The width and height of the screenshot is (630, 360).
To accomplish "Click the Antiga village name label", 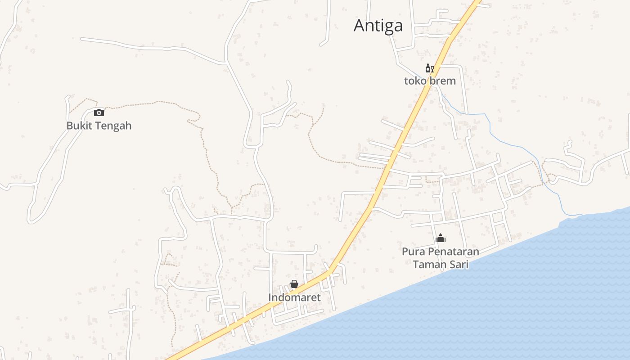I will pyautogui.click(x=378, y=26).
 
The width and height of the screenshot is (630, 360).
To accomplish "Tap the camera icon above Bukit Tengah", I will pyautogui.click(x=99, y=112).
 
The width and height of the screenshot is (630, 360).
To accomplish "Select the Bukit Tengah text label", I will pyautogui.click(x=99, y=126).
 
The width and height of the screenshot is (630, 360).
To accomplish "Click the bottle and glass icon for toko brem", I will pyautogui.click(x=430, y=68).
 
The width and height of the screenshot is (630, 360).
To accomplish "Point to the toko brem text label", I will pyautogui.click(x=430, y=81).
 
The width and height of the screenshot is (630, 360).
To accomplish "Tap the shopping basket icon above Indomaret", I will pyautogui.click(x=294, y=284).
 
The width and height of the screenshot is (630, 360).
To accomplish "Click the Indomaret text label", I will pyautogui.click(x=294, y=297).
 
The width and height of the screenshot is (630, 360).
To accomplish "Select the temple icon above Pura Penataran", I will pyautogui.click(x=441, y=238).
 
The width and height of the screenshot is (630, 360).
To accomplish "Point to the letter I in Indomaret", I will pyautogui.click(x=270, y=297).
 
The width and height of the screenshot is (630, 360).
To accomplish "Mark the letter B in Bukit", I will pyautogui.click(x=70, y=126).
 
